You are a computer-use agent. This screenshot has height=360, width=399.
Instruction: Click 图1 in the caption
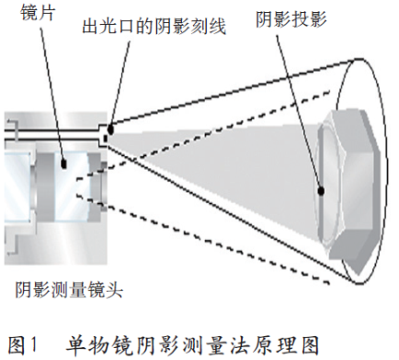pos(24,344)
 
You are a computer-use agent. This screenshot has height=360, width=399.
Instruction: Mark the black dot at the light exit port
pos(108,128)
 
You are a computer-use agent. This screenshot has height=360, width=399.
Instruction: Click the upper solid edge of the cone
pos(230,93)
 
